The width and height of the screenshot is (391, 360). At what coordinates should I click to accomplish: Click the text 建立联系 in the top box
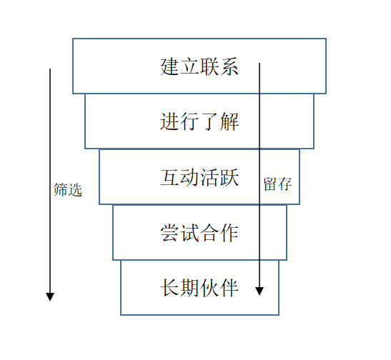point(199,67)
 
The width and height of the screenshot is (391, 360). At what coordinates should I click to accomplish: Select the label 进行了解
point(199,122)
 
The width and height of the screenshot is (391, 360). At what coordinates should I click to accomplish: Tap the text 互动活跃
point(199,177)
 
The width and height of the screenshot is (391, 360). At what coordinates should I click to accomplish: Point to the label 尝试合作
point(199,233)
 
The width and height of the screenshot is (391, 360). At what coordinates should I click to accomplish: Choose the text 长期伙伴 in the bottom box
point(199,288)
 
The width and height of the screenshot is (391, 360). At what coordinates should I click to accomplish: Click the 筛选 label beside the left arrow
point(68,191)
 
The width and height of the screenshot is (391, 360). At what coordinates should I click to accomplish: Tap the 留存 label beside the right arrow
point(277,184)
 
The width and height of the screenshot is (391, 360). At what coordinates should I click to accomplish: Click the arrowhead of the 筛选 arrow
point(50,296)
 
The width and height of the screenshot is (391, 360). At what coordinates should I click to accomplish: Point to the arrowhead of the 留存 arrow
point(259,291)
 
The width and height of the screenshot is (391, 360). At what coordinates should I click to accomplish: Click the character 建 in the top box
point(170,67)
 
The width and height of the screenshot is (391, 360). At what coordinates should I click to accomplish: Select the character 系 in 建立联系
point(229,67)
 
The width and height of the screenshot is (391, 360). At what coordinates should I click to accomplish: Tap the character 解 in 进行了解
point(229,122)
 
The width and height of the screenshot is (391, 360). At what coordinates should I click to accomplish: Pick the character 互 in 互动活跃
point(170,177)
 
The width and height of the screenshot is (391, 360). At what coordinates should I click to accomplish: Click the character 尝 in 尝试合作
point(170,233)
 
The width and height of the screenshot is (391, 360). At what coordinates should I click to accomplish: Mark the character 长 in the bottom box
point(170,288)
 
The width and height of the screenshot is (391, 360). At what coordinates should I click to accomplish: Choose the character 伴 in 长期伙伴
point(229,288)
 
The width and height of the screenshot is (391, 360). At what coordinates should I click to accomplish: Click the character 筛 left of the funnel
point(61,191)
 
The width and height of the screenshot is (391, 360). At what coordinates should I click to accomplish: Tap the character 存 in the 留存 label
point(284,184)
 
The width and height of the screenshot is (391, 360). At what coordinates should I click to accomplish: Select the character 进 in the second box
point(170,122)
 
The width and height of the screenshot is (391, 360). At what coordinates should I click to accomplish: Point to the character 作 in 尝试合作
point(229,233)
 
